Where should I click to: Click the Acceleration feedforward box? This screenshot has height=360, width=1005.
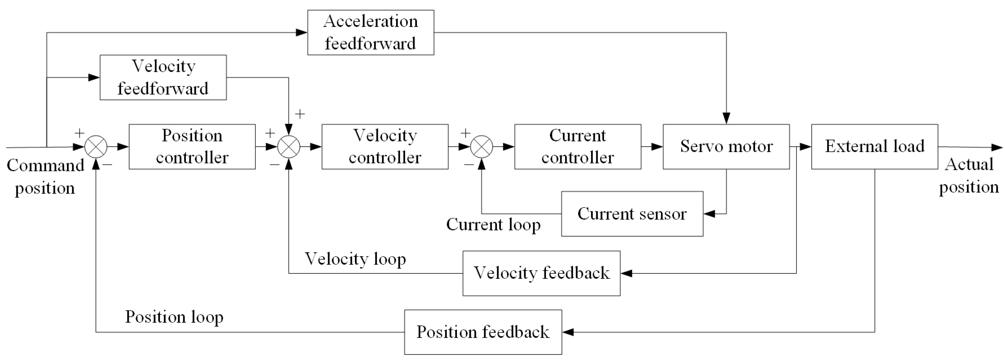pos(370,32)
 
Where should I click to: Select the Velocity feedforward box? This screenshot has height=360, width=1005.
pos(163,77)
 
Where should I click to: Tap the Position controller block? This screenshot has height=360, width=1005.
pos(192,147)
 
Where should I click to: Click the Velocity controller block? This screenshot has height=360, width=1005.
pos(385,147)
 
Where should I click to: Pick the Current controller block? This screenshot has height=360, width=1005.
pos(578,147)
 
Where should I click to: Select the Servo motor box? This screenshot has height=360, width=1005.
pos(726,147)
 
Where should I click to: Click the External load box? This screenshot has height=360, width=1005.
pos(874,147)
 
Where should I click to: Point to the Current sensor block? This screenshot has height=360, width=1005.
pos(632,214)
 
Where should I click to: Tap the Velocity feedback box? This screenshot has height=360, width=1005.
pos(541,273)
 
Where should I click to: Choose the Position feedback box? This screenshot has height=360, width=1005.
pos(483,332)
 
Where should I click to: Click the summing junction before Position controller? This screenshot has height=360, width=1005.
pos(96,147)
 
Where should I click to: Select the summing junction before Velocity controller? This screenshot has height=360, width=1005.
pos(289,147)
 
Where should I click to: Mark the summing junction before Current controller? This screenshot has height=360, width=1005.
pos(482,147)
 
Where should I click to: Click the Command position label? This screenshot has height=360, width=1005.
pos(45,177)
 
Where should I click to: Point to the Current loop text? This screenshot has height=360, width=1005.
pos(493,225)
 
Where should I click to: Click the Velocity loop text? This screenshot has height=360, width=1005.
pos(355,259)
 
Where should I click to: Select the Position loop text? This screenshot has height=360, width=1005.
pos(174,317)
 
